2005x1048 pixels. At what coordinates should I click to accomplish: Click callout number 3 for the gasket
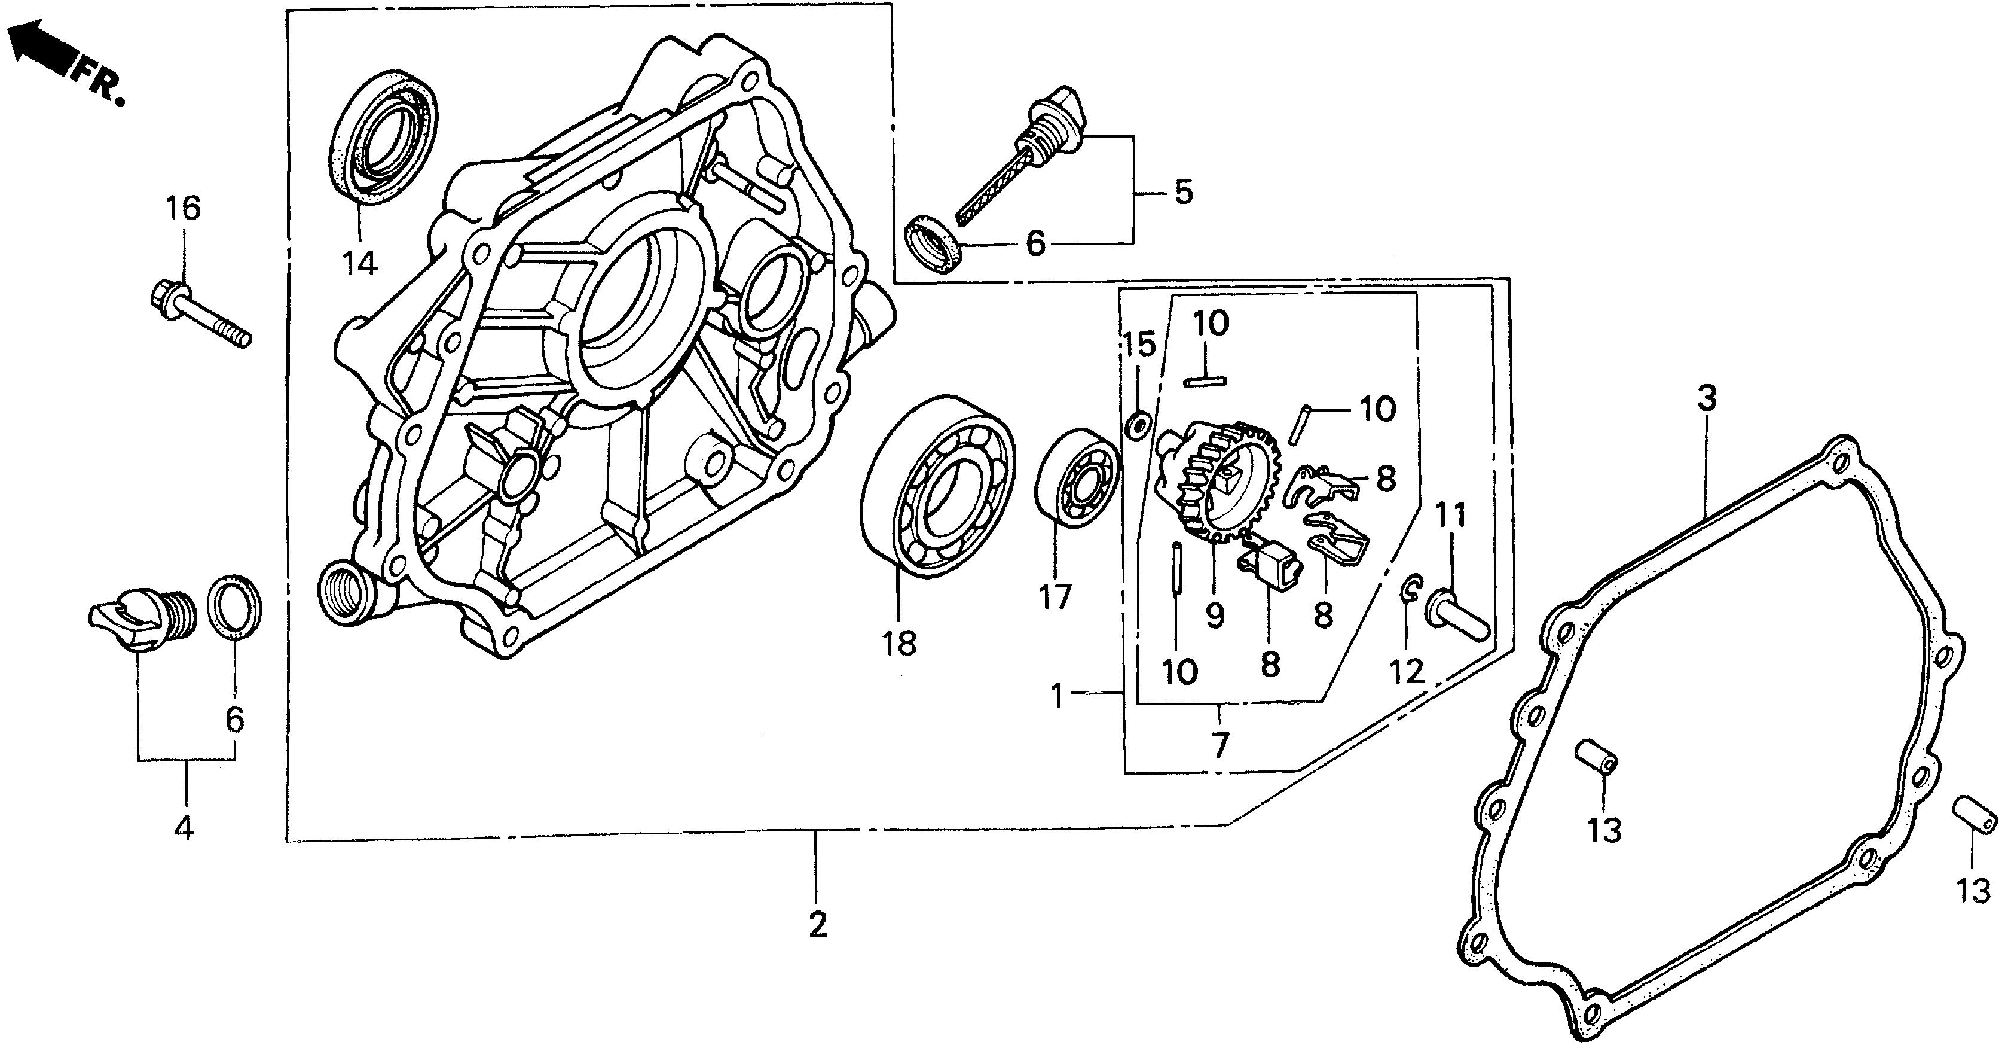1706,400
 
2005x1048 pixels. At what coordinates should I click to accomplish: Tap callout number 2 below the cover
817,925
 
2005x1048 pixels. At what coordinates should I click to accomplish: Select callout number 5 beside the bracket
1183,191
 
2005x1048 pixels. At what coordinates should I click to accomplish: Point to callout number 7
1219,745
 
